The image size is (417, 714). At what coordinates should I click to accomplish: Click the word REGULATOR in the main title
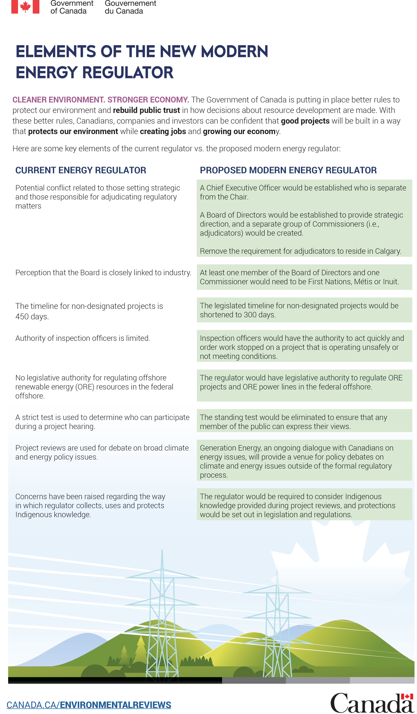[128, 72]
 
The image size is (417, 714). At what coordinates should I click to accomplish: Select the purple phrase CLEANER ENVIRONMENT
[59, 100]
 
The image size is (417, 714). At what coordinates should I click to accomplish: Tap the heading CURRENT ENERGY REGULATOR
[81, 170]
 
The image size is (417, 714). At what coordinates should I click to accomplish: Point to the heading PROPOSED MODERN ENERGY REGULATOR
[288, 170]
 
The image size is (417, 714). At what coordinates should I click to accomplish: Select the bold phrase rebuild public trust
[146, 110]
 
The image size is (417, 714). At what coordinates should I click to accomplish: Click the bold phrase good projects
[305, 121]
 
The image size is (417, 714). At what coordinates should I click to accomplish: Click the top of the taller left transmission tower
[162, 551]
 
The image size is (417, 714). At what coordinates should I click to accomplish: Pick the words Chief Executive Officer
[243, 188]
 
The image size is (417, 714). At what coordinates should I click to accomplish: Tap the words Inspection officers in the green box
[230, 338]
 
